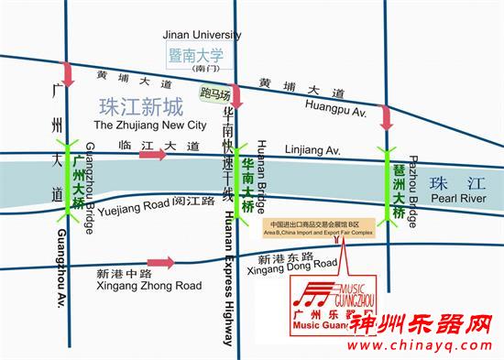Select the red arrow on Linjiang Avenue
tap(153, 154)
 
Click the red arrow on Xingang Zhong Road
tap(161, 264)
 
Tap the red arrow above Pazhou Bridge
tap(387, 117)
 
